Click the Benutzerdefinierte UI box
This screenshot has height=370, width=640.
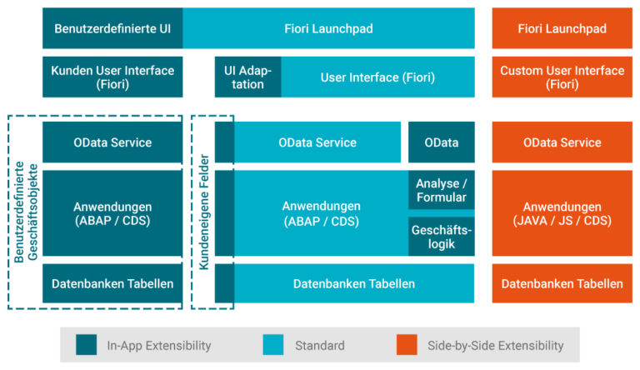point(112,28)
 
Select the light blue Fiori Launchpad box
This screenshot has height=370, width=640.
point(328,28)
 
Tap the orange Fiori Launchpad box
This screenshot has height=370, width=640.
point(562,28)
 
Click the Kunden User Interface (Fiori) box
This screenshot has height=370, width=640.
point(112,77)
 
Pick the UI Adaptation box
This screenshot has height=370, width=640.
point(248,77)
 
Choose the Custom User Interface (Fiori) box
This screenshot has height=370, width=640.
point(562,77)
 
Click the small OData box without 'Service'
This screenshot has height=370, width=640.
point(441,142)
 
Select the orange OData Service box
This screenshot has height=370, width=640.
point(562,142)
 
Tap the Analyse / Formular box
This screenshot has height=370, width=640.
point(441,190)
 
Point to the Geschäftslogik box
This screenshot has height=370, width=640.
point(441,237)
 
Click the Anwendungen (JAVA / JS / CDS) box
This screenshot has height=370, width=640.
point(562,213)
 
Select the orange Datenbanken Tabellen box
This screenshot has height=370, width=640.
point(562,284)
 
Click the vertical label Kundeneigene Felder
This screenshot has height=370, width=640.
point(203,212)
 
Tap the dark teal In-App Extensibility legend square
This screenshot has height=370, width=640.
point(86,344)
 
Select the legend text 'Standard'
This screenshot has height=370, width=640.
point(320,345)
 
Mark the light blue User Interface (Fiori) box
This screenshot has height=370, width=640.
point(377,77)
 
